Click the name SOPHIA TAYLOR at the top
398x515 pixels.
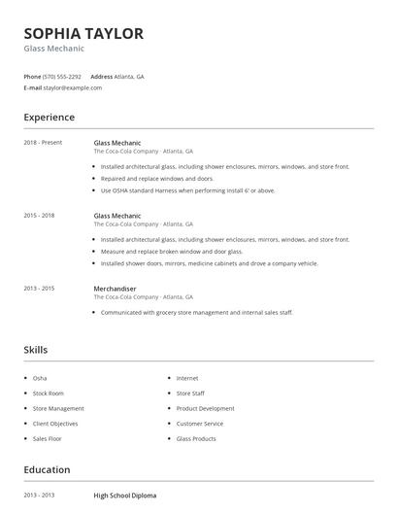click(83, 34)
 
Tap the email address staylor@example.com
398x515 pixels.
click(73, 87)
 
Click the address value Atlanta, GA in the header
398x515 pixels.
click(129, 76)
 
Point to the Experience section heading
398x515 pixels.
click(49, 118)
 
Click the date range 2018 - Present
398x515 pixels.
click(43, 143)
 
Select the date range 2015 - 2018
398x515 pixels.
click(39, 216)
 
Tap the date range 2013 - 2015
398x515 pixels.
click(39, 289)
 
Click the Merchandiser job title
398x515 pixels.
click(115, 289)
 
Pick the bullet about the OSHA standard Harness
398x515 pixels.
click(187, 190)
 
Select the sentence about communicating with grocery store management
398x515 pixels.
click(196, 313)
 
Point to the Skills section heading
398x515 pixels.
click(35, 350)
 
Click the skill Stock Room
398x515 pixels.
click(50, 394)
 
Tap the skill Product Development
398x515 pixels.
click(205, 408)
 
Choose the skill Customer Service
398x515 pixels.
click(199, 424)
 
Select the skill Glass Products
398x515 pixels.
click(196, 438)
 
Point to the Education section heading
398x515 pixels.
click(47, 470)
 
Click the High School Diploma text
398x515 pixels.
click(124, 496)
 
